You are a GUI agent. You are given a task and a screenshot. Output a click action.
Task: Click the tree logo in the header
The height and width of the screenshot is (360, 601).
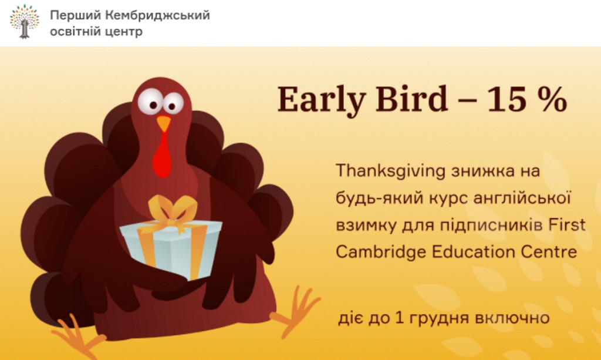click(x=25, y=22)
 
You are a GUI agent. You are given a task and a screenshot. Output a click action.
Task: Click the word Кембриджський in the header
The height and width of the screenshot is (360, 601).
click(x=157, y=15)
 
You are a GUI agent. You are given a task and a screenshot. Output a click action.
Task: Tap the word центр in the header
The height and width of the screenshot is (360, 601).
click(x=123, y=32)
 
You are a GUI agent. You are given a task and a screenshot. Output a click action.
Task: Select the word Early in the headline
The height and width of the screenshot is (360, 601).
click(x=321, y=99)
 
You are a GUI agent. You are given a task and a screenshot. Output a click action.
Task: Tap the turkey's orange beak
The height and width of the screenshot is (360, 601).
click(x=164, y=123)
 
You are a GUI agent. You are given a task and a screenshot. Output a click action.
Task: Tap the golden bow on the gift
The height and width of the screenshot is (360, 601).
click(x=172, y=212)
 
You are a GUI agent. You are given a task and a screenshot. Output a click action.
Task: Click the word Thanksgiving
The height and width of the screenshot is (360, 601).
click(x=390, y=171)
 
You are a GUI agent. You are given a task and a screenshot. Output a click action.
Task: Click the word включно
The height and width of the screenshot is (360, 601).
click(x=512, y=318)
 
